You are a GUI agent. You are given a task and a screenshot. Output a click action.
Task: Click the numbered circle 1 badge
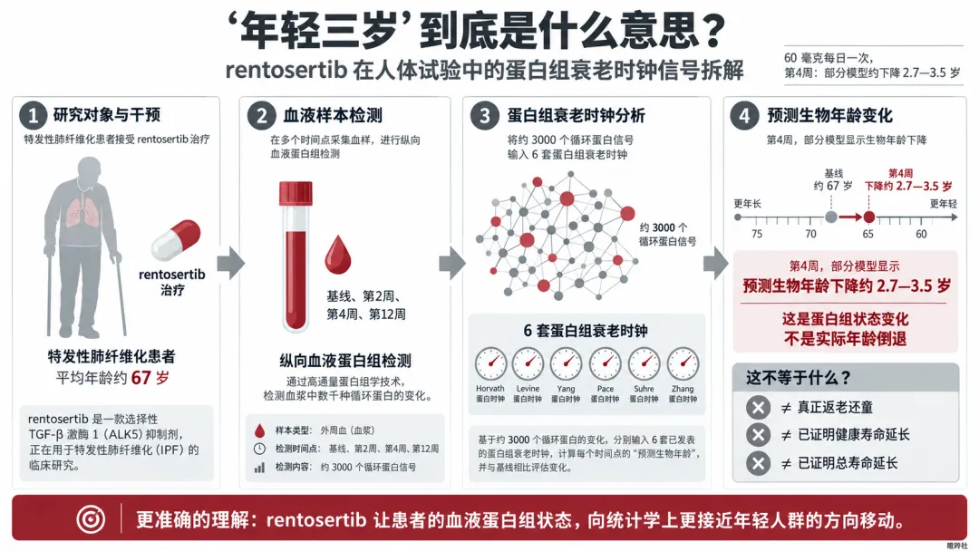34,115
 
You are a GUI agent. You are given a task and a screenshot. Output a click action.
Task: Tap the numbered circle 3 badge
484,115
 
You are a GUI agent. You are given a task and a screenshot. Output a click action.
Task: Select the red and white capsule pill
176,240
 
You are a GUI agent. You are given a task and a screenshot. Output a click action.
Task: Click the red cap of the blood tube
296,193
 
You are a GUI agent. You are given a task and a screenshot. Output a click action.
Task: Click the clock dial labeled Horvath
490,363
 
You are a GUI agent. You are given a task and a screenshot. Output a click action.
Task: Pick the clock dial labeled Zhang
683,363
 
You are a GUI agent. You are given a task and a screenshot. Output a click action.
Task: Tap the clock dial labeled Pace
606,363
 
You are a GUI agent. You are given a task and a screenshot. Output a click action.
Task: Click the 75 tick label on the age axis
757,234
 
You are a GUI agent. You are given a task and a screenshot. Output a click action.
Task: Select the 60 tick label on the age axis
921,234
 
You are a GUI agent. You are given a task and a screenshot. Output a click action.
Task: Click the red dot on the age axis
868,217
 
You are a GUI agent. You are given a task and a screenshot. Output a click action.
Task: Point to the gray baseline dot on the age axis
831,217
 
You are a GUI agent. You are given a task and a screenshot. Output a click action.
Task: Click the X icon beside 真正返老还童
758,408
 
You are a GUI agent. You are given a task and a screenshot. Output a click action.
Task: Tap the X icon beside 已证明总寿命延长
758,463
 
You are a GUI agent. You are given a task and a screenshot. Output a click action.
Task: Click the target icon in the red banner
91,519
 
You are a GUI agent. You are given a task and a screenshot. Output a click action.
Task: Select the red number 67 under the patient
141,378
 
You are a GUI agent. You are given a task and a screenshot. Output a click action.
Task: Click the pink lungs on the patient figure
82,209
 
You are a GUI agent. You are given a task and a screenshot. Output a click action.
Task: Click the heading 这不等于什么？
799,378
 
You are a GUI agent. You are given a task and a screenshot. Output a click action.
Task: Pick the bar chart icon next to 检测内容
259,468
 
